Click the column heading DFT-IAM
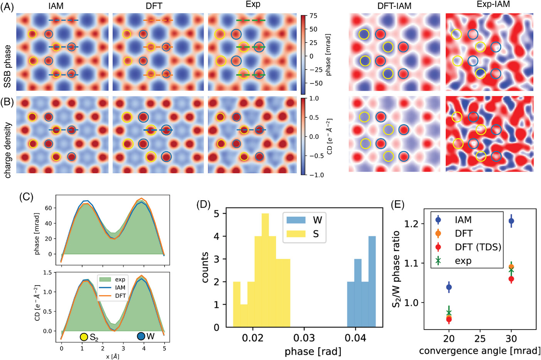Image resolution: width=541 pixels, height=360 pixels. [394, 6]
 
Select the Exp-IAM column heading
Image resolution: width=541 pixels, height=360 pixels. [490, 5]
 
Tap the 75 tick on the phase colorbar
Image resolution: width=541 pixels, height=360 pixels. [313, 16]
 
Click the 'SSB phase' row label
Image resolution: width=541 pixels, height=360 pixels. [7, 66]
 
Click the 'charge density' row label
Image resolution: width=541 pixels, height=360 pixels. [7, 150]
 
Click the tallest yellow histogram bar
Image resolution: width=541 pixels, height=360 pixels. [265, 270]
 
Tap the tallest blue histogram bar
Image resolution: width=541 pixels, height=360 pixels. [372, 282]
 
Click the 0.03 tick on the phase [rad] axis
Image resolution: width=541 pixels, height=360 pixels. [304, 338]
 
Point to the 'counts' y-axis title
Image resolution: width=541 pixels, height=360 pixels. [205, 267]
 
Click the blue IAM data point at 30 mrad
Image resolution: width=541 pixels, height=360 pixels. [511, 221]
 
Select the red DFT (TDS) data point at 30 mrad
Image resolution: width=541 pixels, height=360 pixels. [511, 279]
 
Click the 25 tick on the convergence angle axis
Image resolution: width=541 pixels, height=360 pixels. [480, 338]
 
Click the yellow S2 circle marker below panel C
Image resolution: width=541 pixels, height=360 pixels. [84, 337]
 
